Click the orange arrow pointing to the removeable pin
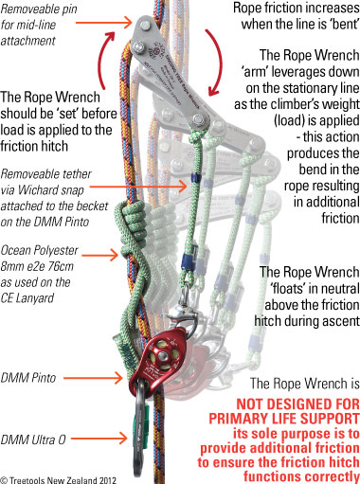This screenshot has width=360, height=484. pyautogui.click(x=103, y=23)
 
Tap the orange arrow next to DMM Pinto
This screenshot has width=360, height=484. pyautogui.click(x=93, y=377)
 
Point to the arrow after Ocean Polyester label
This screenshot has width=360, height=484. pyautogui.click(x=100, y=255)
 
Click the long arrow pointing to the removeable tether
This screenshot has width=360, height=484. pyautogui.click(x=138, y=187)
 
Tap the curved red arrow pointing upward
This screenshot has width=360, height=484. pyautogui.click(x=107, y=59)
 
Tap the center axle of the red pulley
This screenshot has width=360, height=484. pyautogui.click(x=163, y=356)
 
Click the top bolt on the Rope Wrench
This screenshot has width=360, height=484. pyautogui.click(x=145, y=25)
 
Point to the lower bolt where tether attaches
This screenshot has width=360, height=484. pyautogui.click(x=199, y=120)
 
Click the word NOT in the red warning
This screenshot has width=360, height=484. pyautogui.click(x=251, y=404)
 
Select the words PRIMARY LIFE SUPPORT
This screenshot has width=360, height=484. pyautogui.click(x=284, y=419)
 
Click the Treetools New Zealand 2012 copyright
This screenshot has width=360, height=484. pyautogui.click(x=58, y=480)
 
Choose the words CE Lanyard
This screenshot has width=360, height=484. pyautogui.click(x=27, y=298)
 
